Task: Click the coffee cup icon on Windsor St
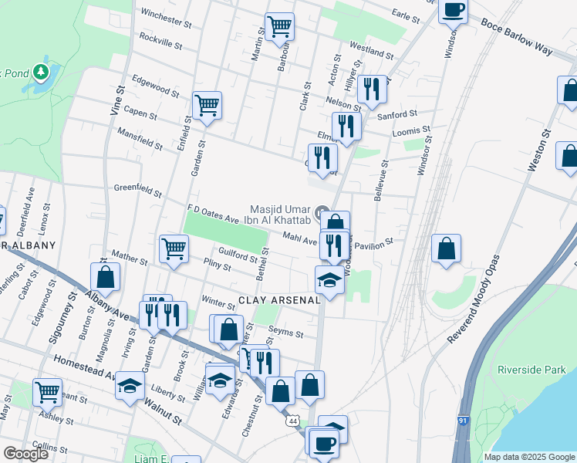(454, 11)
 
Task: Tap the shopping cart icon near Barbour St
(279, 27)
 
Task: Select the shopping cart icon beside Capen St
(207, 105)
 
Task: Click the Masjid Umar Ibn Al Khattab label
(280, 214)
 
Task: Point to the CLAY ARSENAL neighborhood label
(278, 300)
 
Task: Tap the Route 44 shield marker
(293, 421)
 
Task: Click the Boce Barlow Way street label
(516, 43)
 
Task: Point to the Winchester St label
(165, 18)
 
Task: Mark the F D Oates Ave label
(213, 213)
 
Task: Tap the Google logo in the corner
(25, 454)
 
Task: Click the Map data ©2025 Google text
(528, 457)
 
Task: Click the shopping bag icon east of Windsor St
(446, 248)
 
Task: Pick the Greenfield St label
(137, 190)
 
